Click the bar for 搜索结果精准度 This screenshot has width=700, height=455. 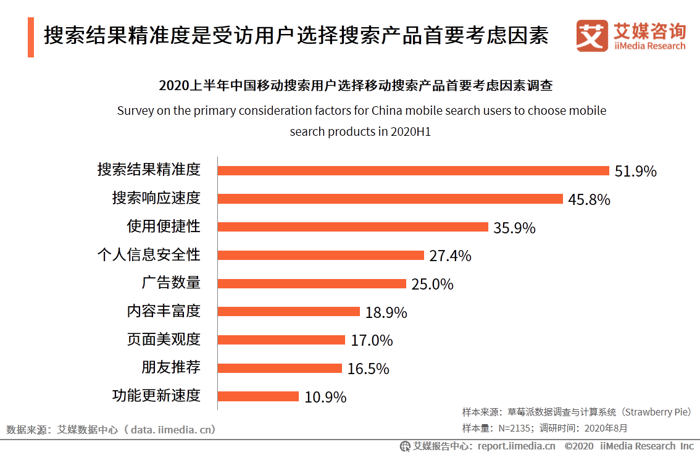click(x=414, y=171)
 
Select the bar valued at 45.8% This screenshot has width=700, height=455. click(x=390, y=199)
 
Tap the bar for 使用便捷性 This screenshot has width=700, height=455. click(x=353, y=227)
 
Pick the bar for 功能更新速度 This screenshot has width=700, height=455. click(x=258, y=396)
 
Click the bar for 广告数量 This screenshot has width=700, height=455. click(x=312, y=283)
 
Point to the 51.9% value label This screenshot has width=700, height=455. click(x=635, y=172)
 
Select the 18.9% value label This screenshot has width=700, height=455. click(x=386, y=312)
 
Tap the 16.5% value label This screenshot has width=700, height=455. click(x=368, y=369)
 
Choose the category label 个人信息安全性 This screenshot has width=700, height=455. click(x=149, y=254)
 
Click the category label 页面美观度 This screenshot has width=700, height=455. click(x=164, y=339)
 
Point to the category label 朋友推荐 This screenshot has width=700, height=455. click(x=171, y=367)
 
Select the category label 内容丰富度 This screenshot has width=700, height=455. click(x=164, y=311)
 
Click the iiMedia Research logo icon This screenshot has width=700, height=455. click(x=592, y=36)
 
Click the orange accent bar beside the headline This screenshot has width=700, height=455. click(x=31, y=37)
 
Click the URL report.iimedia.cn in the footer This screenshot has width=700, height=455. click(x=516, y=446)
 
